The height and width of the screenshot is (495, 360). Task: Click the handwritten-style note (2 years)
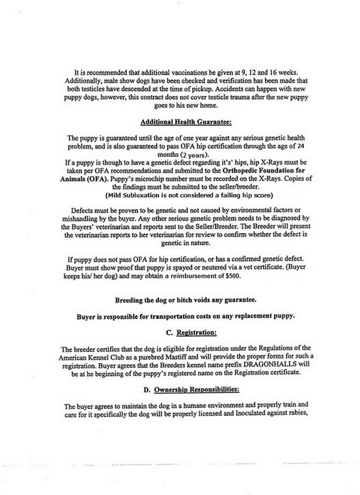click(x=195, y=155)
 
